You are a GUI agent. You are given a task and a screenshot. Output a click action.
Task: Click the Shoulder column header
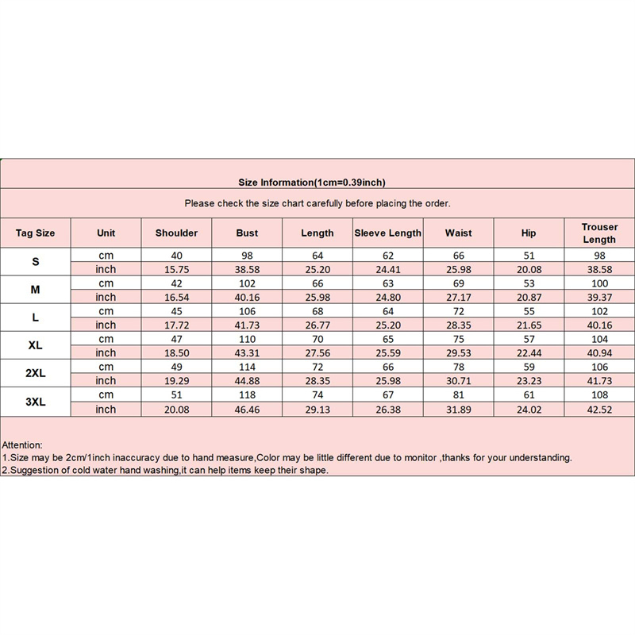[176, 233]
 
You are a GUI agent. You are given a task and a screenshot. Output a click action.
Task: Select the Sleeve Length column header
[387, 233]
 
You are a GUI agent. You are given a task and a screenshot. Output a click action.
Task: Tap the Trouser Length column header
[599, 233]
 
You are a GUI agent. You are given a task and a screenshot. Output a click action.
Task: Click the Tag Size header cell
[35, 233]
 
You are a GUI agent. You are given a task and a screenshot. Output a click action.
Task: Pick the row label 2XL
[35, 374]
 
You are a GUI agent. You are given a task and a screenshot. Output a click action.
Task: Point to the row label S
[35, 262]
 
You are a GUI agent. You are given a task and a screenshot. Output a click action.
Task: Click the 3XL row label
[35, 402]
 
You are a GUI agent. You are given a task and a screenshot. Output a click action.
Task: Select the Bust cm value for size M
[247, 283]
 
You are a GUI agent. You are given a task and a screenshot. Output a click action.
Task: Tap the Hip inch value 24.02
[529, 410]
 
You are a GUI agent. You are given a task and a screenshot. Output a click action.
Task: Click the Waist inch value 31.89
[458, 410]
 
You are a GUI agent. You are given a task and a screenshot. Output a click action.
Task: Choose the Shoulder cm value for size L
[176, 311]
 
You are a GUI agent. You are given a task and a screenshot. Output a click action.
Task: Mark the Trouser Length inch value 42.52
[599, 410]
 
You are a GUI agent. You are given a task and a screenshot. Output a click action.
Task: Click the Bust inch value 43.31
[247, 353]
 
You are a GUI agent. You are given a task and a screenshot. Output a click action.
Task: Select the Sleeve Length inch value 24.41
[387, 269]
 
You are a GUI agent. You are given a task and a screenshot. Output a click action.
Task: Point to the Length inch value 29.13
[317, 410]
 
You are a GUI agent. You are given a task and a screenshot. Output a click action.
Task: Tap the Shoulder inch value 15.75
[176, 269]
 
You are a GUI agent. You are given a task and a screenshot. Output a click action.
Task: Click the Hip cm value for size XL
[529, 339]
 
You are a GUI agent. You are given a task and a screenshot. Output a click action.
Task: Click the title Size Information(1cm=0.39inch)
[312, 183]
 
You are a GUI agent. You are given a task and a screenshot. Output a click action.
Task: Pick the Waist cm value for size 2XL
[458, 368]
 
